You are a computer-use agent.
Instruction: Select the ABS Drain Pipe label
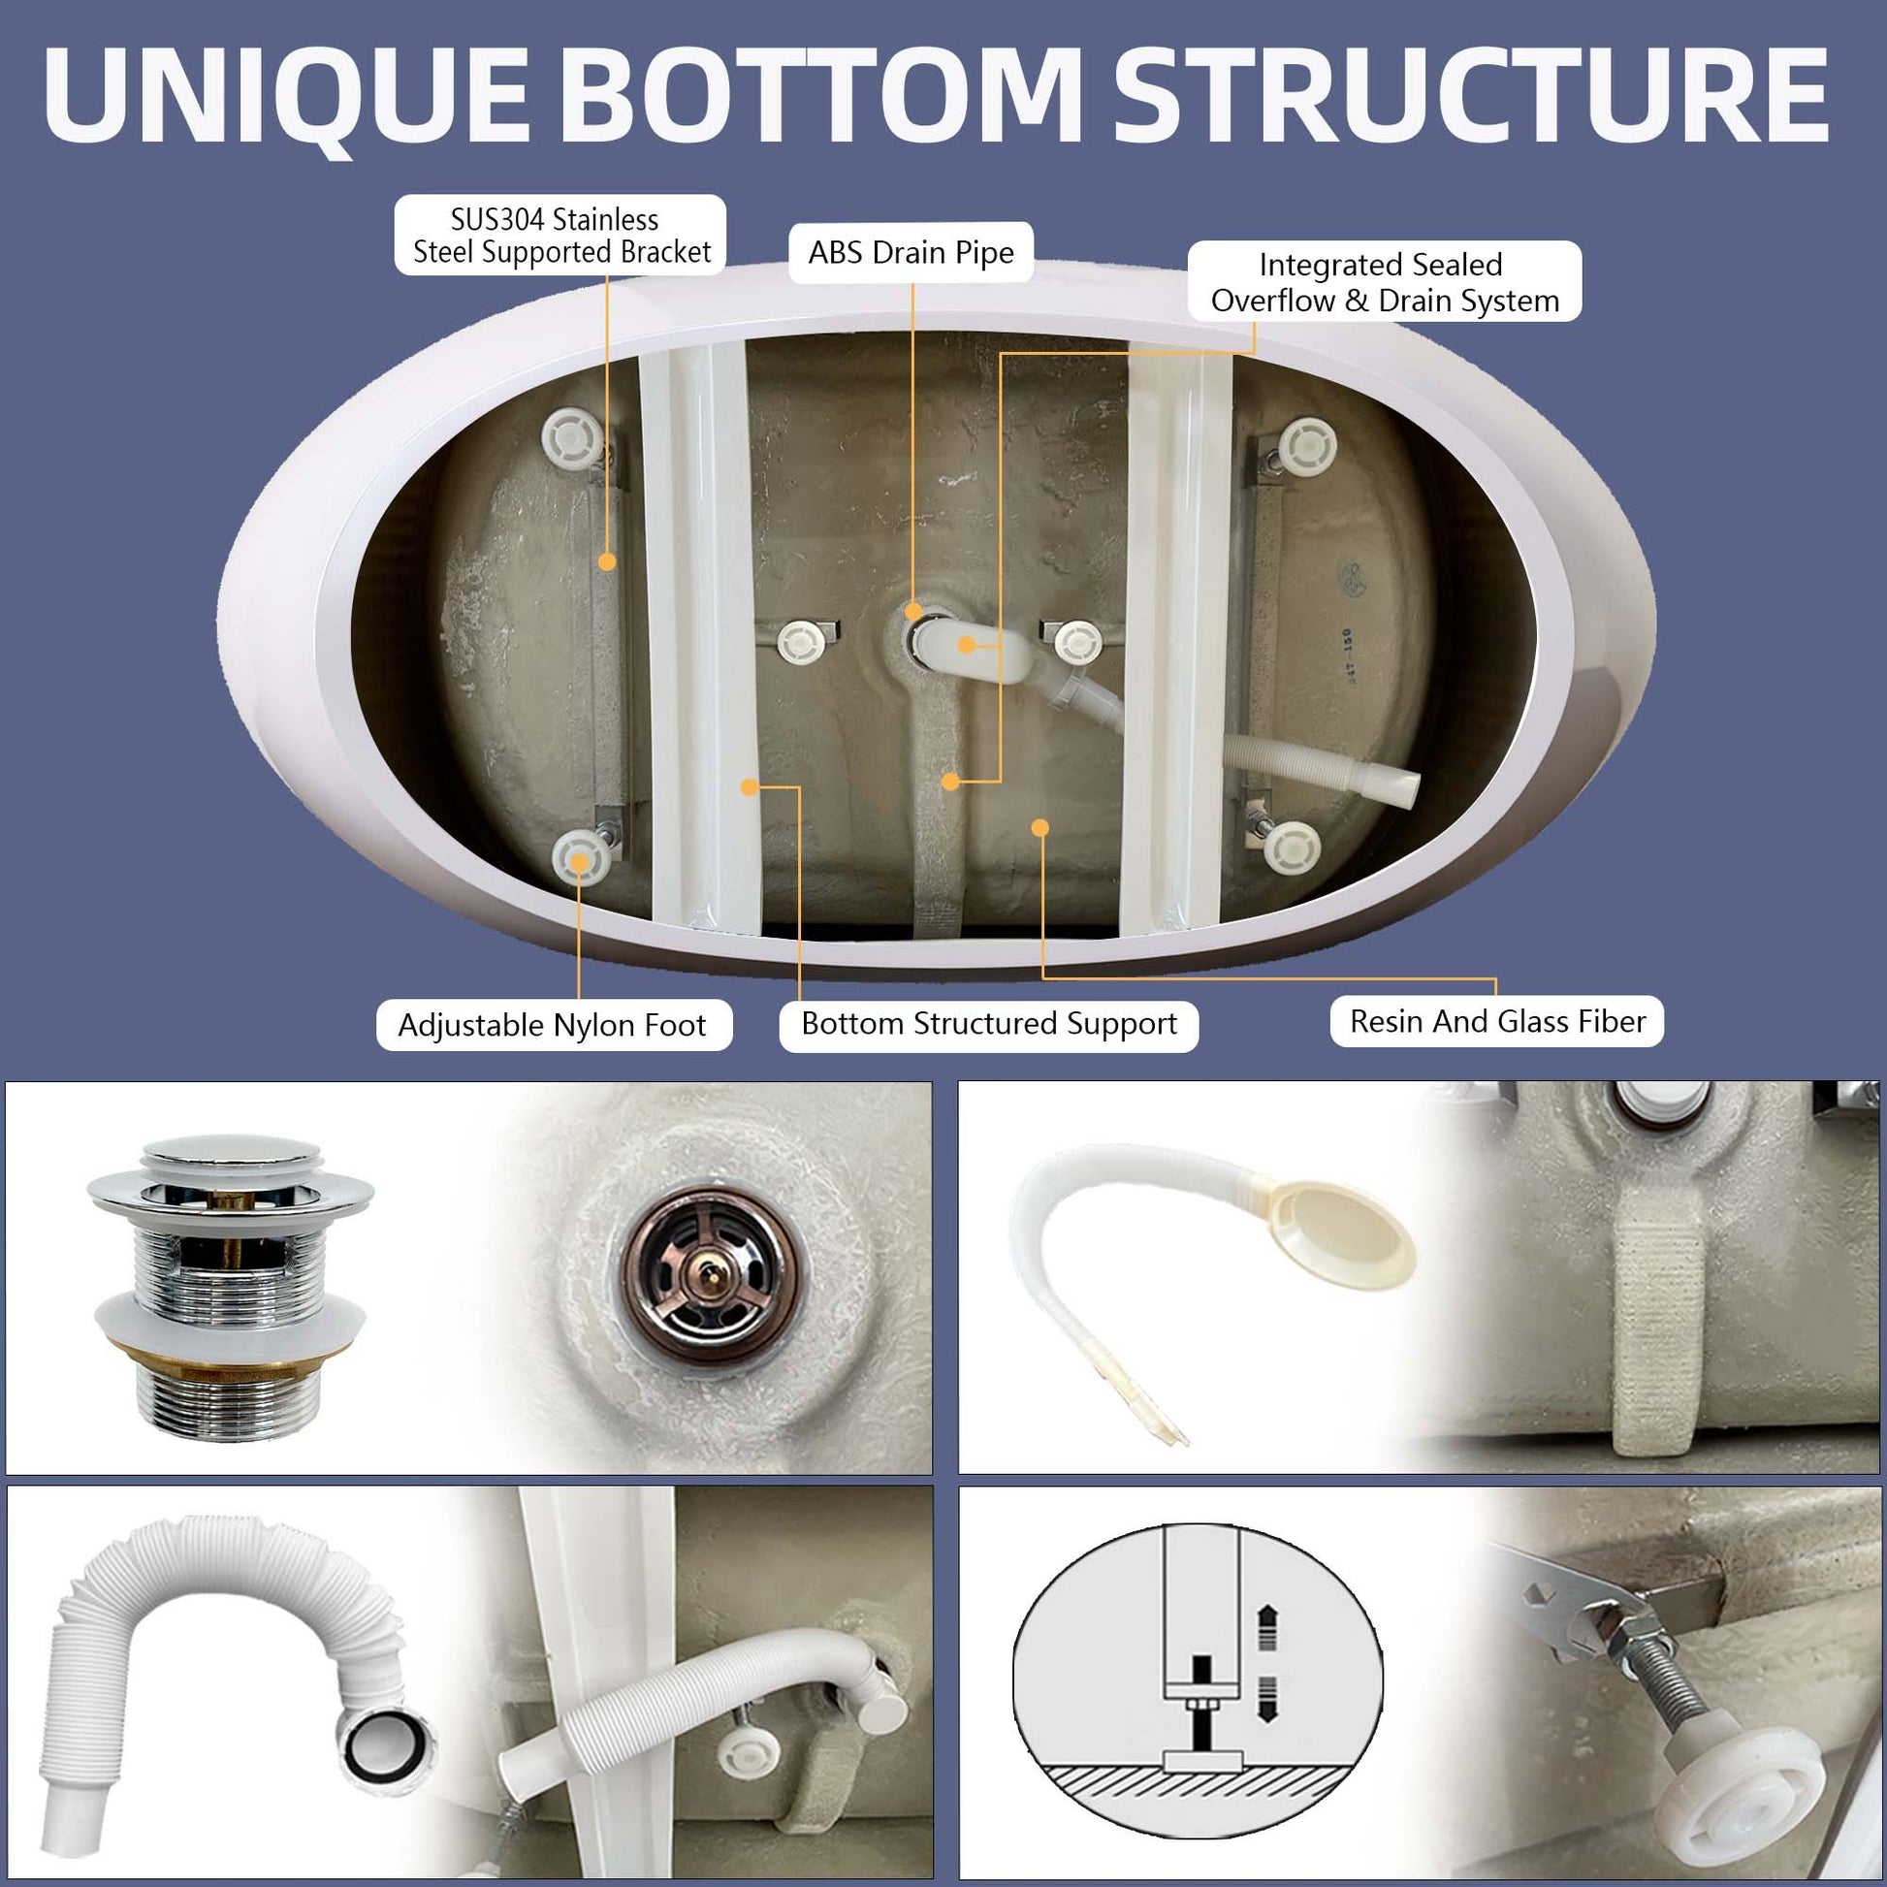tap(911, 253)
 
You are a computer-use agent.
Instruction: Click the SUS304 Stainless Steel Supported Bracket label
tap(560, 236)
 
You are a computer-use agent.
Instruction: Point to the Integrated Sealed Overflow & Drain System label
tap(1384, 282)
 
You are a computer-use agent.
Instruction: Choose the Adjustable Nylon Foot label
tap(553, 1026)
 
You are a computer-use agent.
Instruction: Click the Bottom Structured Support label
tap(988, 1024)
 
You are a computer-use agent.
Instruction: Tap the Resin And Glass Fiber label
tap(1496, 1022)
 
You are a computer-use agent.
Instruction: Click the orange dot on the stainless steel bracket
tap(607, 561)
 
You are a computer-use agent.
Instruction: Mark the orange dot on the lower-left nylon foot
tap(579, 861)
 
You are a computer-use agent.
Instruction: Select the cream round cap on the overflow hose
tap(1346, 1231)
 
